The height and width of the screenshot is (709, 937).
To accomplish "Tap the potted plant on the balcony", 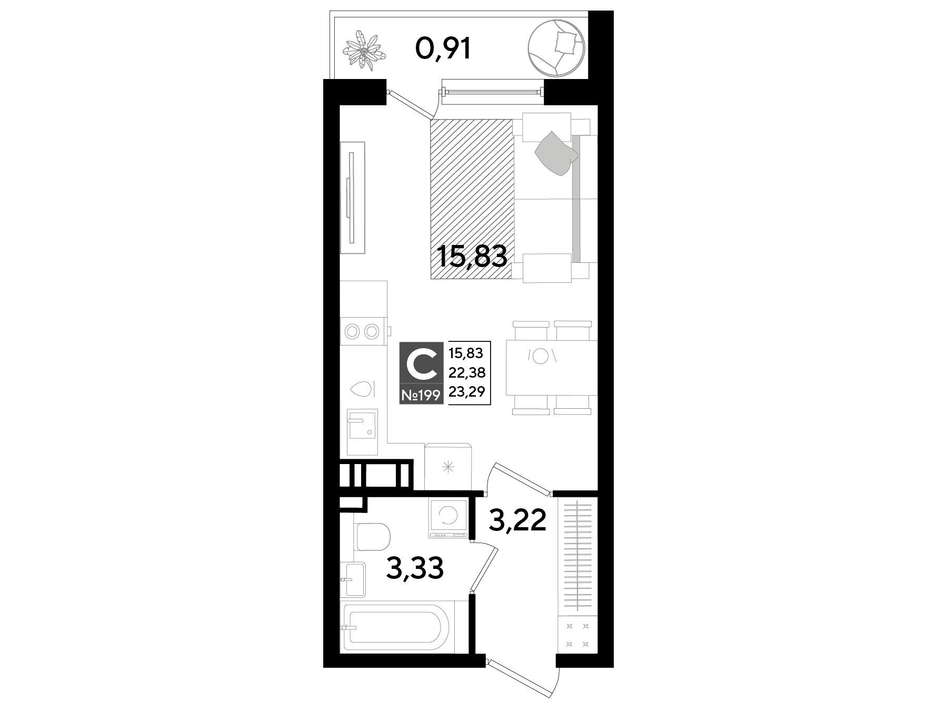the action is click(x=364, y=51).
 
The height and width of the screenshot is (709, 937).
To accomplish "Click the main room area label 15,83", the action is click(x=472, y=258).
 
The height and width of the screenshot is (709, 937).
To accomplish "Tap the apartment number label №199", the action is click(x=421, y=395).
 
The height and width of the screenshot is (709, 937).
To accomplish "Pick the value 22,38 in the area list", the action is click(x=467, y=372).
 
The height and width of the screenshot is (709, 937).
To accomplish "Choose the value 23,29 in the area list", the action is click(x=467, y=391).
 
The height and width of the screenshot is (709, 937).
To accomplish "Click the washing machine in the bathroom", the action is click(x=448, y=518).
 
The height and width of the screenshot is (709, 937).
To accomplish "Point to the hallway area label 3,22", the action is click(x=518, y=521).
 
